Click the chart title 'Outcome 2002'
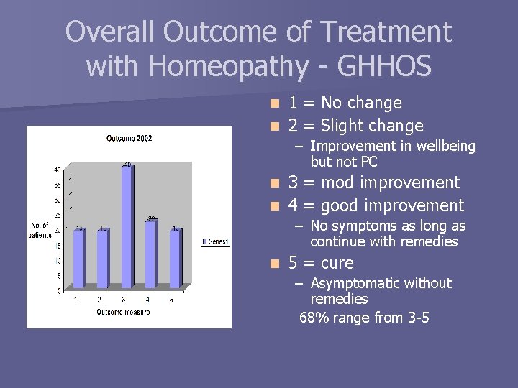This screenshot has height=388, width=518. (129, 138)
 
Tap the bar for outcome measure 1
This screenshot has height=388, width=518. (78, 259)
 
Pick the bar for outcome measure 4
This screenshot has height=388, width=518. (150, 254)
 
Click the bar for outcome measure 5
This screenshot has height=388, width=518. (175, 259)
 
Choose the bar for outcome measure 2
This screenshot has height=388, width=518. (103, 259)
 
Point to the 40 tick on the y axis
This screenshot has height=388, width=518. (56, 170)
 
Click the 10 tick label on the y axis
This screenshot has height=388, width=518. (56, 261)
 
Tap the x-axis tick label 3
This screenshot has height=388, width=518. (123, 300)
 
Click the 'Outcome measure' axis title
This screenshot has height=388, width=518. (123, 312)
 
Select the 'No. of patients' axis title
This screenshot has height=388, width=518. (40, 231)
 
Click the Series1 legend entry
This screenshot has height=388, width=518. (215, 242)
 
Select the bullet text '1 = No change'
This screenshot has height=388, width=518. (345, 103)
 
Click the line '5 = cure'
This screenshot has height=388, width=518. (321, 263)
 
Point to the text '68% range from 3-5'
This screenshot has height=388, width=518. (364, 317)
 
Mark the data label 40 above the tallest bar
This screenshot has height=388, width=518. (126, 165)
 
